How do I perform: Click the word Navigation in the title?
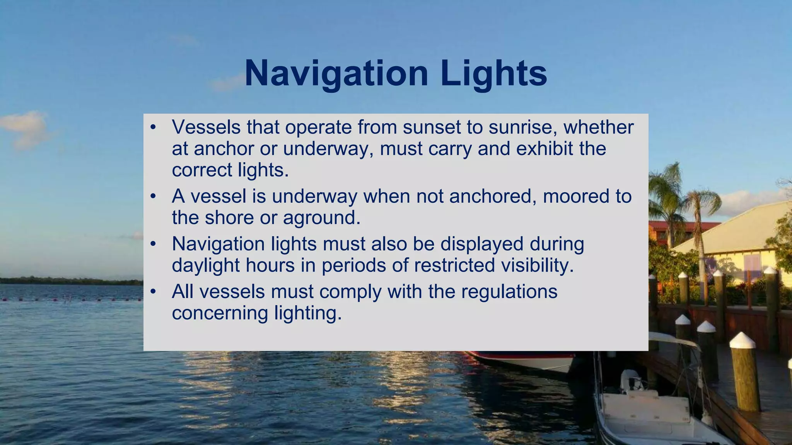click(x=336, y=73)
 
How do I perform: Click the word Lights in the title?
click(x=493, y=73)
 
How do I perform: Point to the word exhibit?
click(x=544, y=149)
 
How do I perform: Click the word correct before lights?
click(x=202, y=170)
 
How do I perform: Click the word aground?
click(x=322, y=218)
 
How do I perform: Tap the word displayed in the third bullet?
click(x=482, y=244)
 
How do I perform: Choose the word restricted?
click(x=454, y=266)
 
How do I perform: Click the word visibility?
click(x=537, y=266)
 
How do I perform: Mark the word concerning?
click(x=220, y=313)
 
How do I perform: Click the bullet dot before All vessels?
click(x=153, y=292)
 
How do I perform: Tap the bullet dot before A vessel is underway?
click(x=153, y=196)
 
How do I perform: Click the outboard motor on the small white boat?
click(x=630, y=380)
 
